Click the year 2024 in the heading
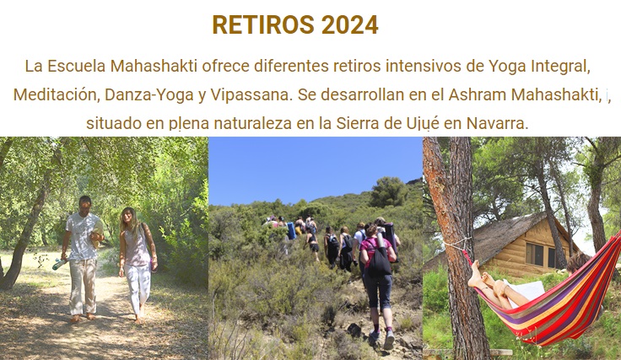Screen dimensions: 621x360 point(349,25)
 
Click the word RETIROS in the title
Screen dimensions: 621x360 point(264,25)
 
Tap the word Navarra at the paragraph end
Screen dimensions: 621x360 point(498,123)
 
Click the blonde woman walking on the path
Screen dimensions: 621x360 point(136,264)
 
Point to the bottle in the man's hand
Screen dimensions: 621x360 point(60,264)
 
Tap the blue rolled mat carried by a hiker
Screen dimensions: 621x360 point(291,231)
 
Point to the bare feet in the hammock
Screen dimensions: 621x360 point(481,277)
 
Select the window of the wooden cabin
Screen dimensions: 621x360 point(535,255)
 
